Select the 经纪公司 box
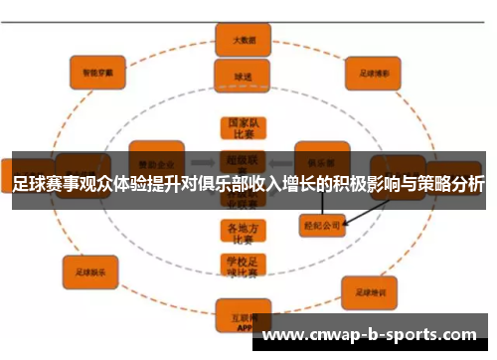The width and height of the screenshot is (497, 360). click(x=322, y=226)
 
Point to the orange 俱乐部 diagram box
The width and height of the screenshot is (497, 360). click(x=320, y=160)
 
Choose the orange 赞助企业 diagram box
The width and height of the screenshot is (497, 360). click(x=158, y=159)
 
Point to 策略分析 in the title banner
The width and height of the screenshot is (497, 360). click(x=453, y=185)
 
